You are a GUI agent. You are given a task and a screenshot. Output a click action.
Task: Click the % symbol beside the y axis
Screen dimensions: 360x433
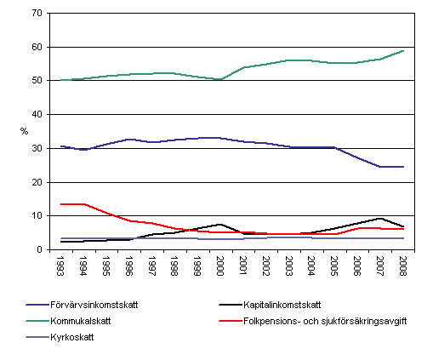click(25, 132)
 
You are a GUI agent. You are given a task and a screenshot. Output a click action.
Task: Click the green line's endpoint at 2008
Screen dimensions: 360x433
click(402, 51)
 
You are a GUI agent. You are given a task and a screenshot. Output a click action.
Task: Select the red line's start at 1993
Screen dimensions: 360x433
click(62, 204)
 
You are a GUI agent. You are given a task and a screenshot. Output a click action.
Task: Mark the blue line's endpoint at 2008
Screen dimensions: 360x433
click(402, 167)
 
